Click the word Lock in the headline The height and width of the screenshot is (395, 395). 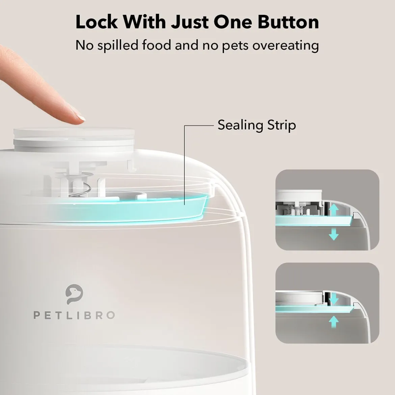[x=97, y=22]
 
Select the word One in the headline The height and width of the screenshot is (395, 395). [x=233, y=22]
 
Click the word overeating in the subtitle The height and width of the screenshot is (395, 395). [x=286, y=46]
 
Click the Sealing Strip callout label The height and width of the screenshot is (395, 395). [x=257, y=125]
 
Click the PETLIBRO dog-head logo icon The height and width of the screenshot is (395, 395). [x=74, y=294]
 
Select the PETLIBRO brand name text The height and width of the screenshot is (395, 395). [x=74, y=315]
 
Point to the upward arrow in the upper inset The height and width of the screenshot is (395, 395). [x=334, y=209]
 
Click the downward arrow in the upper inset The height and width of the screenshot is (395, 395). [x=334, y=234]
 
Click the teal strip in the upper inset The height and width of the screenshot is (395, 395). [x=312, y=220]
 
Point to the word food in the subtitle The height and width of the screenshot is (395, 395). [x=157, y=45]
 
